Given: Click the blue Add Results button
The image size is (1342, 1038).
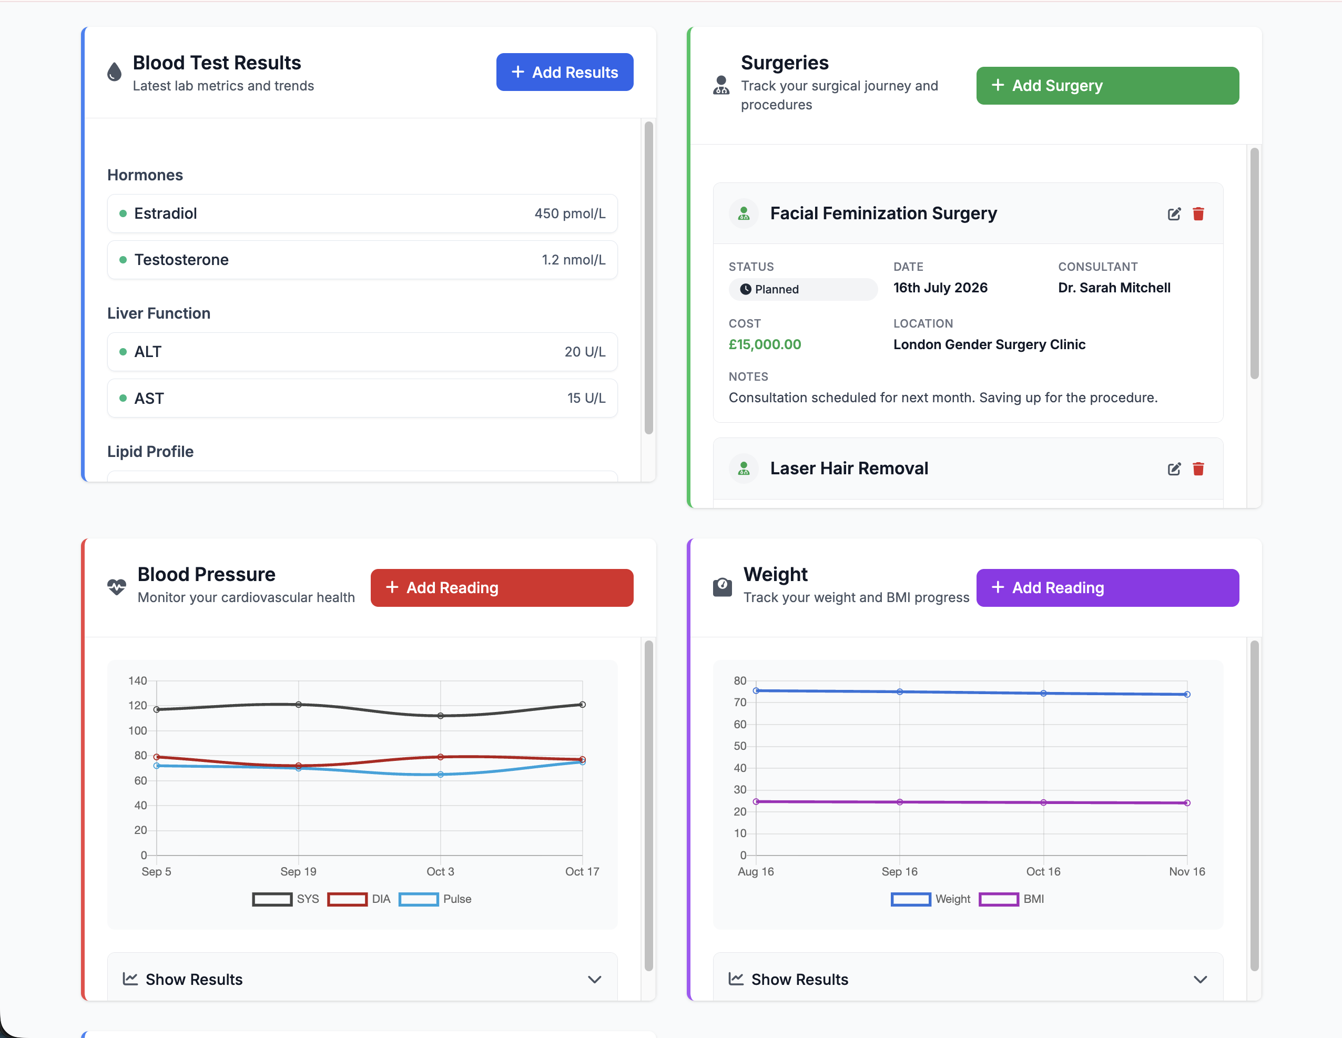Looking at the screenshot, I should coord(564,72).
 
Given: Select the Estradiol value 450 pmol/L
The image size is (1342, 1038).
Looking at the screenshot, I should coord(569,213).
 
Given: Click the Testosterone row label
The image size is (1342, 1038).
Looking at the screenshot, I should coord(181,260).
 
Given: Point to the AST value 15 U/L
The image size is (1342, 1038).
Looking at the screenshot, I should coord(586,398).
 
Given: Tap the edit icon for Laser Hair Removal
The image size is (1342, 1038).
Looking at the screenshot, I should coord(1174,469).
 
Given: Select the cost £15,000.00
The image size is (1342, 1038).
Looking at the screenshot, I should coord(765,344).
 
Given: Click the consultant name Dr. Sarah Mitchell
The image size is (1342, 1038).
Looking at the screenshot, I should coord(1113,288).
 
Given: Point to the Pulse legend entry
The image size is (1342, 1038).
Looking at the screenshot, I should coord(435,899).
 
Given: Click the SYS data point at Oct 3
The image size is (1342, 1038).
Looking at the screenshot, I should coord(440,715).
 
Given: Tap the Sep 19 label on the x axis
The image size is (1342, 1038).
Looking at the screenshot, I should coord(298,871).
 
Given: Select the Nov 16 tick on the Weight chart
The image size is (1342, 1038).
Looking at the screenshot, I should coord(1186,871).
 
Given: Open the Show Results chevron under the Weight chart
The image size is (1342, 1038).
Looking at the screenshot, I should coord(1199,979).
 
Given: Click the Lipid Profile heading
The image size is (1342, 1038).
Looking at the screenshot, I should coord(150,452).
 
